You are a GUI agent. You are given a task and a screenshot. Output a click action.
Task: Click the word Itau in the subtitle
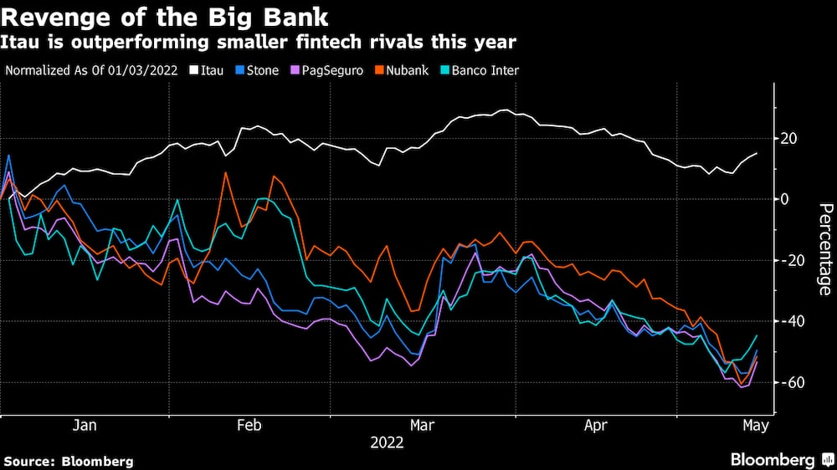pos(19,41)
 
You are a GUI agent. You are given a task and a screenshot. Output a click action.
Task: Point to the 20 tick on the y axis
pos(790,138)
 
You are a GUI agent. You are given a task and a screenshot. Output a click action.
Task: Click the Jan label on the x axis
pos(85,426)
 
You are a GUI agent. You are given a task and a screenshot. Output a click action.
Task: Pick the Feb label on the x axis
pos(249,426)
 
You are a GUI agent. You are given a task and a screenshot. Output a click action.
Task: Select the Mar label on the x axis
pos(423,426)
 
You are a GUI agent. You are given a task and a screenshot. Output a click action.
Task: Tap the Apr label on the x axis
pos(594,426)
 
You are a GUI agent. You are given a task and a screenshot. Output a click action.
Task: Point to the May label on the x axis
pos(756,426)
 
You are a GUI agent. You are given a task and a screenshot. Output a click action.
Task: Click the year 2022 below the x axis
pos(387,443)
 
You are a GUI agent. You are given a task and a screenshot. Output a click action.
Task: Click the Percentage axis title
pos(824,248)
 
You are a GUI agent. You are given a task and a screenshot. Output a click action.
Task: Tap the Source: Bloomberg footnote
pos(69,461)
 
